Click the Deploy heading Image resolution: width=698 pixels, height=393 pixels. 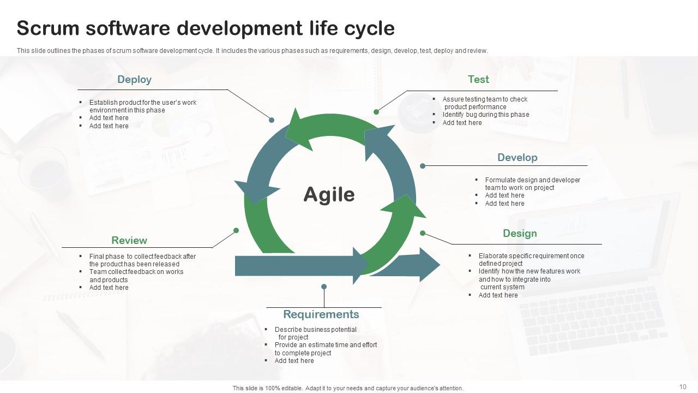[134, 80]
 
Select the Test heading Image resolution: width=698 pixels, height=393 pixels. [478, 80]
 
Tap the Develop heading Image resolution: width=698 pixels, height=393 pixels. [517, 158]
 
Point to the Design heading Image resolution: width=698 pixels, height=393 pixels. [520, 234]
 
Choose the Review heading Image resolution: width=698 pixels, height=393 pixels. [129, 241]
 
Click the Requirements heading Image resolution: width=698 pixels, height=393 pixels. [321, 314]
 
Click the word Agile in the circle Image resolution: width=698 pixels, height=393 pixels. [329, 194]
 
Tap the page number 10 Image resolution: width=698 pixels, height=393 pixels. [683, 387]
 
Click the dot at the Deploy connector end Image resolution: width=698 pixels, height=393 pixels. [272, 120]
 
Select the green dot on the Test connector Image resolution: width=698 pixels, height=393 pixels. [376, 112]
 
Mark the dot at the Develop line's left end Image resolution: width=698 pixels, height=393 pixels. [423, 165]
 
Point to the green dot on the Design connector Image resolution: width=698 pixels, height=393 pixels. [423, 233]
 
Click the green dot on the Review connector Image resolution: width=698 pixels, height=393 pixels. [236, 230]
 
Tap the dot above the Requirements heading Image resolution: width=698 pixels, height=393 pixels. [324, 287]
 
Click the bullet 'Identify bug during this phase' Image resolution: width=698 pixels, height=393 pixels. [485, 115]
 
